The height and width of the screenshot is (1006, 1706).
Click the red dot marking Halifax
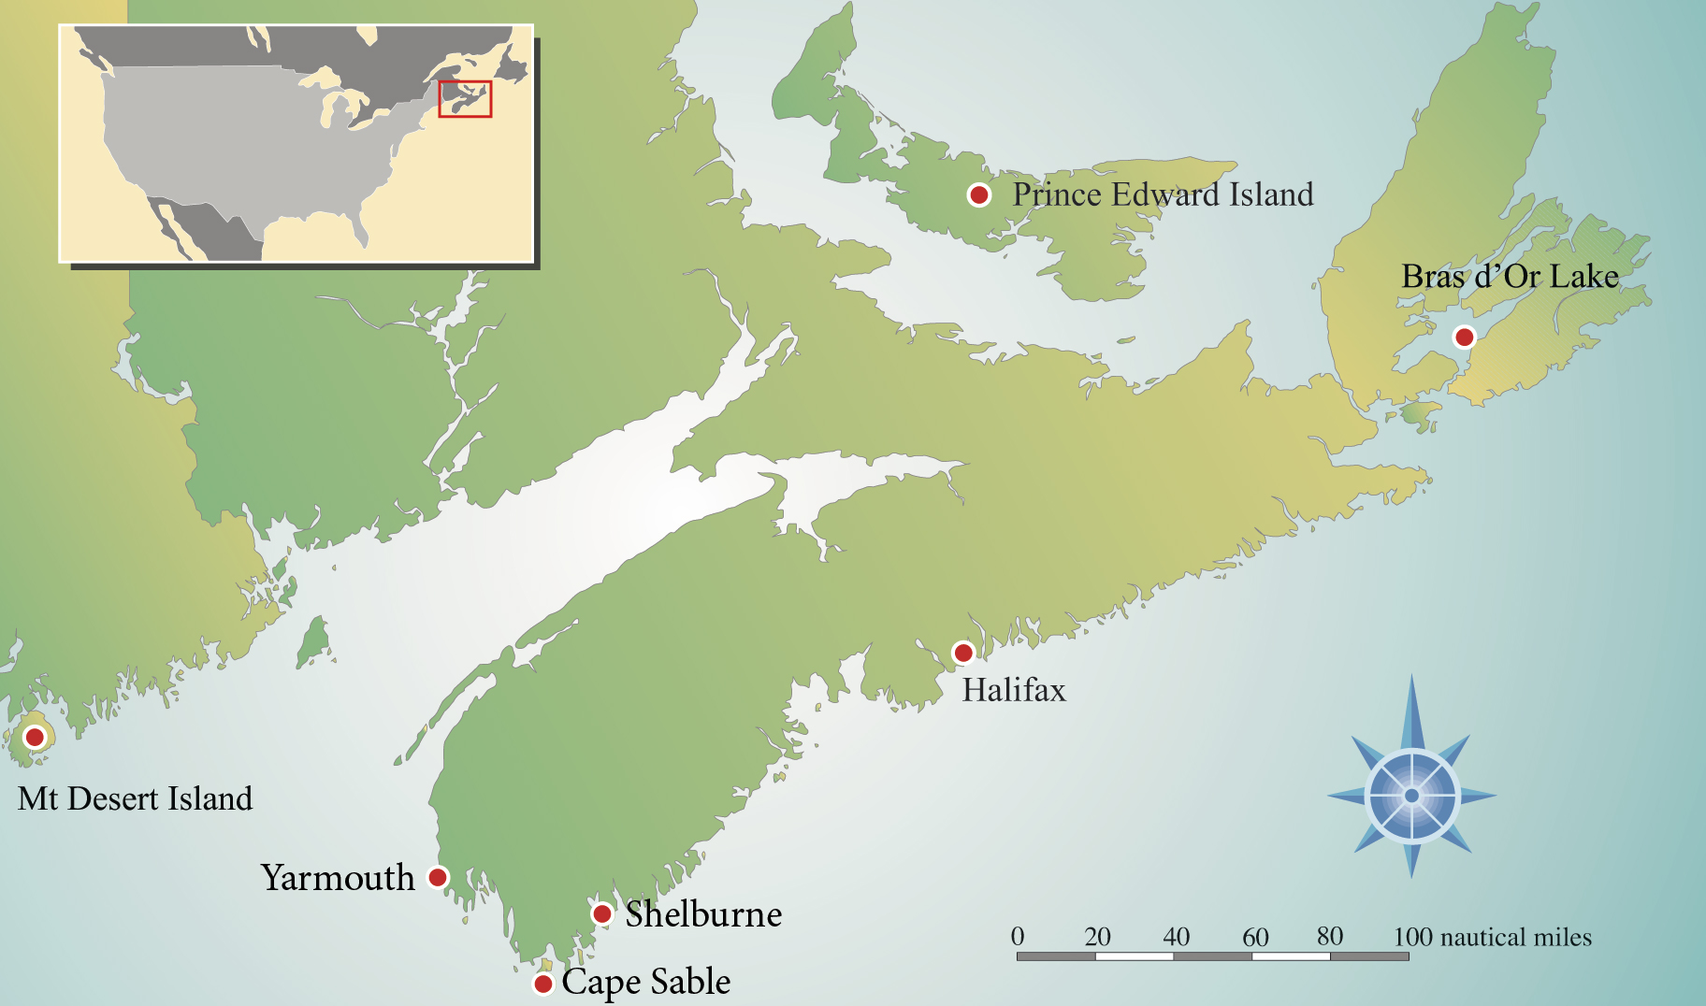click(x=962, y=653)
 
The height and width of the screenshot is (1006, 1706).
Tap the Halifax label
click(x=1014, y=691)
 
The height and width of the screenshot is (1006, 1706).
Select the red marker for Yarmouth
click(x=437, y=877)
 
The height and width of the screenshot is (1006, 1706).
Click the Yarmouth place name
click(x=338, y=878)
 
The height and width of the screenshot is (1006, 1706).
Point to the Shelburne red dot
click(x=602, y=913)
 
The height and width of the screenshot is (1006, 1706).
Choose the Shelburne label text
click(x=703, y=914)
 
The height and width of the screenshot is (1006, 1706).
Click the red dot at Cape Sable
click(x=542, y=984)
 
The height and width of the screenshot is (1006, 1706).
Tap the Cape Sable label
click(x=646, y=982)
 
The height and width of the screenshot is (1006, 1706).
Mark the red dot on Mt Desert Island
click(x=35, y=737)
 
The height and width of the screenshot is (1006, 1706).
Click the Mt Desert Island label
click(x=136, y=798)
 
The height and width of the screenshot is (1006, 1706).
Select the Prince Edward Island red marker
click(x=978, y=194)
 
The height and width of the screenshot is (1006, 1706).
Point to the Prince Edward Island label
click(x=1163, y=194)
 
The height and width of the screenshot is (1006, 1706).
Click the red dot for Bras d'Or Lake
click(x=1464, y=337)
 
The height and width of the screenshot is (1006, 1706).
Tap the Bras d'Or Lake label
click(x=1510, y=277)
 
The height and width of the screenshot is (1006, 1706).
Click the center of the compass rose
click(x=1411, y=796)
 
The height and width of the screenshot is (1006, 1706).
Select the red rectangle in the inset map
click(x=465, y=99)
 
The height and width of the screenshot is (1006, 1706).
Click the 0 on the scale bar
click(x=1018, y=936)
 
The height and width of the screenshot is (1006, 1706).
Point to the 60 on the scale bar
click(x=1255, y=937)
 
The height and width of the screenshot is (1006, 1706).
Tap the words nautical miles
click(x=1515, y=937)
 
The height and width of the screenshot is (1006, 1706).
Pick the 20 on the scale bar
click(x=1097, y=937)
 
